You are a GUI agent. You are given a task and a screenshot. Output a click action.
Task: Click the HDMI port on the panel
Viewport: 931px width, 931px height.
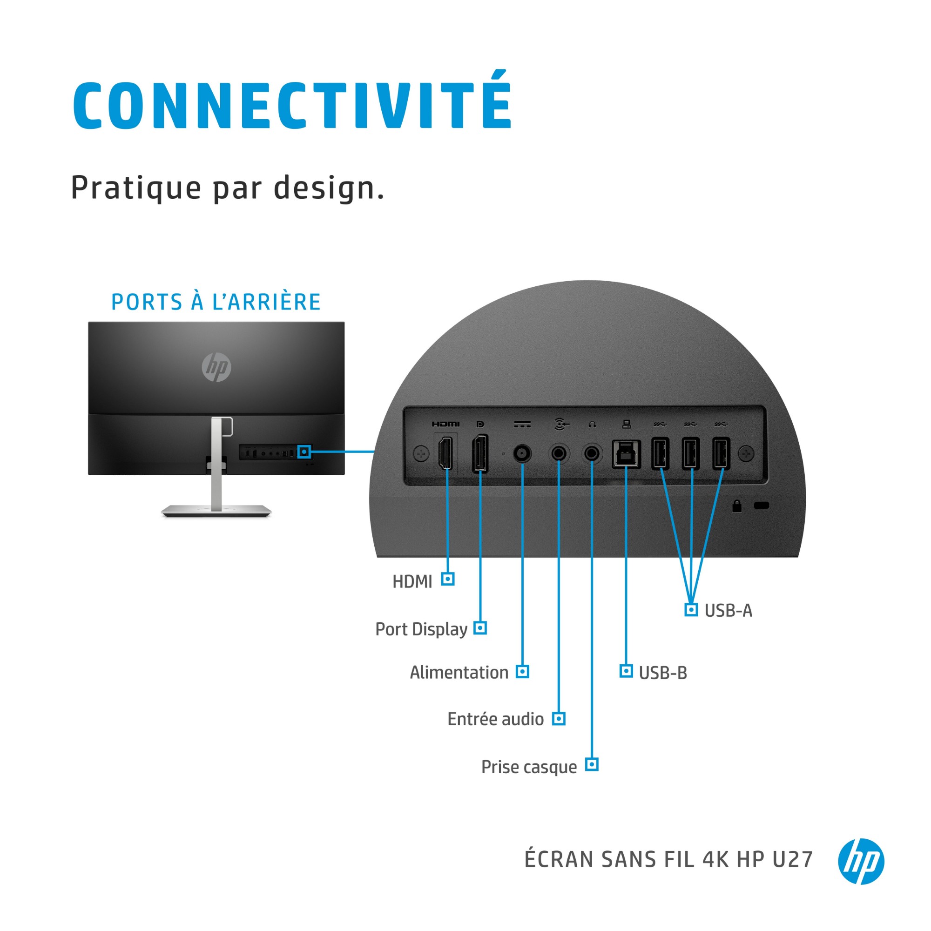pos(446,452)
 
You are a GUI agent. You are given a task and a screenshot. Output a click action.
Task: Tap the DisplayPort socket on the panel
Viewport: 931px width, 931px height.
pos(480,453)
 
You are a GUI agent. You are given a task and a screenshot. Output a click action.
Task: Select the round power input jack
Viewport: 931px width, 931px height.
pos(522,453)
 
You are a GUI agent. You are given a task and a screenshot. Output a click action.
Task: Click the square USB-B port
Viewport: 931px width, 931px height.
pos(626,454)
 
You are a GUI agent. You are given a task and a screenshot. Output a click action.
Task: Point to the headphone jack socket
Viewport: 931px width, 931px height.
pos(592,453)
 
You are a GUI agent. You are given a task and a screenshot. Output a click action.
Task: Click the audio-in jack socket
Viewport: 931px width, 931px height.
pos(559,453)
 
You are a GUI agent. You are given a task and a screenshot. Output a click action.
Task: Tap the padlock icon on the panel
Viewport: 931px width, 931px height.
pos(737,506)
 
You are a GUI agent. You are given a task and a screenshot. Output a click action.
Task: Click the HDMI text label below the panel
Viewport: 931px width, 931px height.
pos(412,581)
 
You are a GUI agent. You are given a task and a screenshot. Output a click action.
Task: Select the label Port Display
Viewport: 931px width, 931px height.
pos(421,629)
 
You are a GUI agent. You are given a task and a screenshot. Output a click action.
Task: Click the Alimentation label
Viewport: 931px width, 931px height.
pos(459,672)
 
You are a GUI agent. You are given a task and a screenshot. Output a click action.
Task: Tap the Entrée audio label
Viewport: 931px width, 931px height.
pos(495,719)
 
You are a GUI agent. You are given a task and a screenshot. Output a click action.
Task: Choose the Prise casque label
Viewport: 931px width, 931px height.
pos(529,767)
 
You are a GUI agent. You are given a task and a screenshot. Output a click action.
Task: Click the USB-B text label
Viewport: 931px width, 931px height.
pos(662,673)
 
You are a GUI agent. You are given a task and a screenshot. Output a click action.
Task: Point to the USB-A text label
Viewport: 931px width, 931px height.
pos(728,611)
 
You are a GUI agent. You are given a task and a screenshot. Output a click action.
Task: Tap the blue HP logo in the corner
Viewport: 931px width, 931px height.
pos(861,861)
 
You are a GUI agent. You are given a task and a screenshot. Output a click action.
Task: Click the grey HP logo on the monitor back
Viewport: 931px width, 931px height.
pos(216,367)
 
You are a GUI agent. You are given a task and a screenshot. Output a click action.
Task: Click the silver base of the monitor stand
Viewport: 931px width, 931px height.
pos(216,511)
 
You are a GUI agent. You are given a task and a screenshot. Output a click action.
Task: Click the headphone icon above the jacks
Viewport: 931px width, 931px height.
pos(592,424)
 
